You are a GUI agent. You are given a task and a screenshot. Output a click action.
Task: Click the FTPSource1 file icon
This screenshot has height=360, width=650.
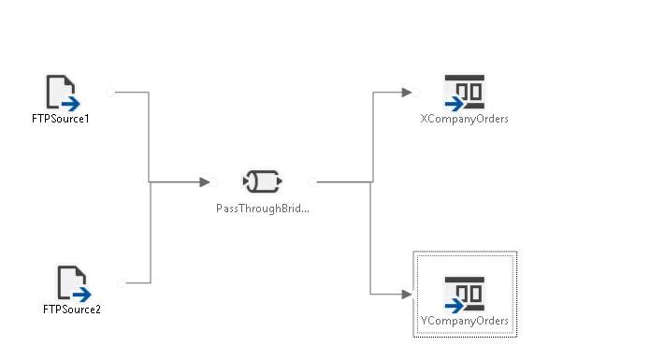(62, 93)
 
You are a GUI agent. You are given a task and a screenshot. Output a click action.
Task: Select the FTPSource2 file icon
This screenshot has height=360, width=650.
(74, 283)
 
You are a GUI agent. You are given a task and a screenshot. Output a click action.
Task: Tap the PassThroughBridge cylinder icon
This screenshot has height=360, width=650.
(263, 181)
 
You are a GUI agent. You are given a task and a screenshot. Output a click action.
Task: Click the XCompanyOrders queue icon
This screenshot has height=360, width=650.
(464, 93)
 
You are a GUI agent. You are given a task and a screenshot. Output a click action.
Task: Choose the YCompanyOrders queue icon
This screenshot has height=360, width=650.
(464, 295)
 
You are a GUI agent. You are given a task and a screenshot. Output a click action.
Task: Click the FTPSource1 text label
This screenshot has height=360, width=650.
(61, 119)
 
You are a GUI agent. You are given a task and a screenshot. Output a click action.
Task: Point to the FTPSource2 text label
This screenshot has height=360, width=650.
(72, 310)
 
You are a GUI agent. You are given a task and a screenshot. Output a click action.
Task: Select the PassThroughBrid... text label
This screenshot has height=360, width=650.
(263, 209)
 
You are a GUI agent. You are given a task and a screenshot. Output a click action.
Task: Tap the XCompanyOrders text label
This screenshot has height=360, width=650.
(464, 119)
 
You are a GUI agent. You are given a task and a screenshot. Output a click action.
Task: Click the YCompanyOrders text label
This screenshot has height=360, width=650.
(464, 321)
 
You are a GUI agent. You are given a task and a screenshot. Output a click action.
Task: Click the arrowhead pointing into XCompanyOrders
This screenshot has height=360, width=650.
(407, 93)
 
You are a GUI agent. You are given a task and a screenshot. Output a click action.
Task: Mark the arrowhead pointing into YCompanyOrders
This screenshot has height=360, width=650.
(407, 295)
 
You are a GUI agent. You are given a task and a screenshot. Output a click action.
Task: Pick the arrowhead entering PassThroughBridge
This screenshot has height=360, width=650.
(205, 181)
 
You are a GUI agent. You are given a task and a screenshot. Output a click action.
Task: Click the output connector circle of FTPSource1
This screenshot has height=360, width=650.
(110, 93)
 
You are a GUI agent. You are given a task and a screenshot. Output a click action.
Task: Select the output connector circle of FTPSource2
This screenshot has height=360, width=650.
(122, 283)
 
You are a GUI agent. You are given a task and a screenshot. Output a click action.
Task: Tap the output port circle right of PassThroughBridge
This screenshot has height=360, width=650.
(312, 181)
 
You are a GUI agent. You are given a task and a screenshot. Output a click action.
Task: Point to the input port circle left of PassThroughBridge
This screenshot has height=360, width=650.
(214, 181)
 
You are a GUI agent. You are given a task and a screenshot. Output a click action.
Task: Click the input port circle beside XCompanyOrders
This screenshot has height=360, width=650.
(416, 93)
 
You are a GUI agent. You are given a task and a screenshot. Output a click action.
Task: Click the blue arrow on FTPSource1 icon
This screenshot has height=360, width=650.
(71, 104)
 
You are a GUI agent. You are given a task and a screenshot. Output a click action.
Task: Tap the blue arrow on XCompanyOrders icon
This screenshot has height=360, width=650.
(455, 104)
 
